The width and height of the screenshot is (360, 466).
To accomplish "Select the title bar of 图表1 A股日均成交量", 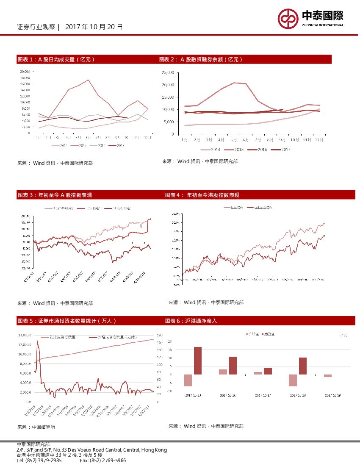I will [x=85, y=59].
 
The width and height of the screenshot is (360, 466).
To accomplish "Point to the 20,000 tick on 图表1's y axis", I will [x=25, y=72].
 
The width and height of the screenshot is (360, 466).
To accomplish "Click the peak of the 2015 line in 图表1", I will [x=88, y=80].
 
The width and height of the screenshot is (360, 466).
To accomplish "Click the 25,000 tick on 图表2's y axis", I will [x=168, y=72].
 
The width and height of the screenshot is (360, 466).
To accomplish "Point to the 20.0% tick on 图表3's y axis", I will [x=25, y=216].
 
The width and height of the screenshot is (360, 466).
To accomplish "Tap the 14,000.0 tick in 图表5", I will [x=25, y=335].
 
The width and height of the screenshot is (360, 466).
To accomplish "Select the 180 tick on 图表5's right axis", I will [x=160, y=335].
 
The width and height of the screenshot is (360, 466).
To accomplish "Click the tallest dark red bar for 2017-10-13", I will [x=197, y=361].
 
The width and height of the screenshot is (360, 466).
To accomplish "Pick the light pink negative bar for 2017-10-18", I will [x=293, y=380].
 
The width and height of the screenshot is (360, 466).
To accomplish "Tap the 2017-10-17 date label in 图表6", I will [x=263, y=395].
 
